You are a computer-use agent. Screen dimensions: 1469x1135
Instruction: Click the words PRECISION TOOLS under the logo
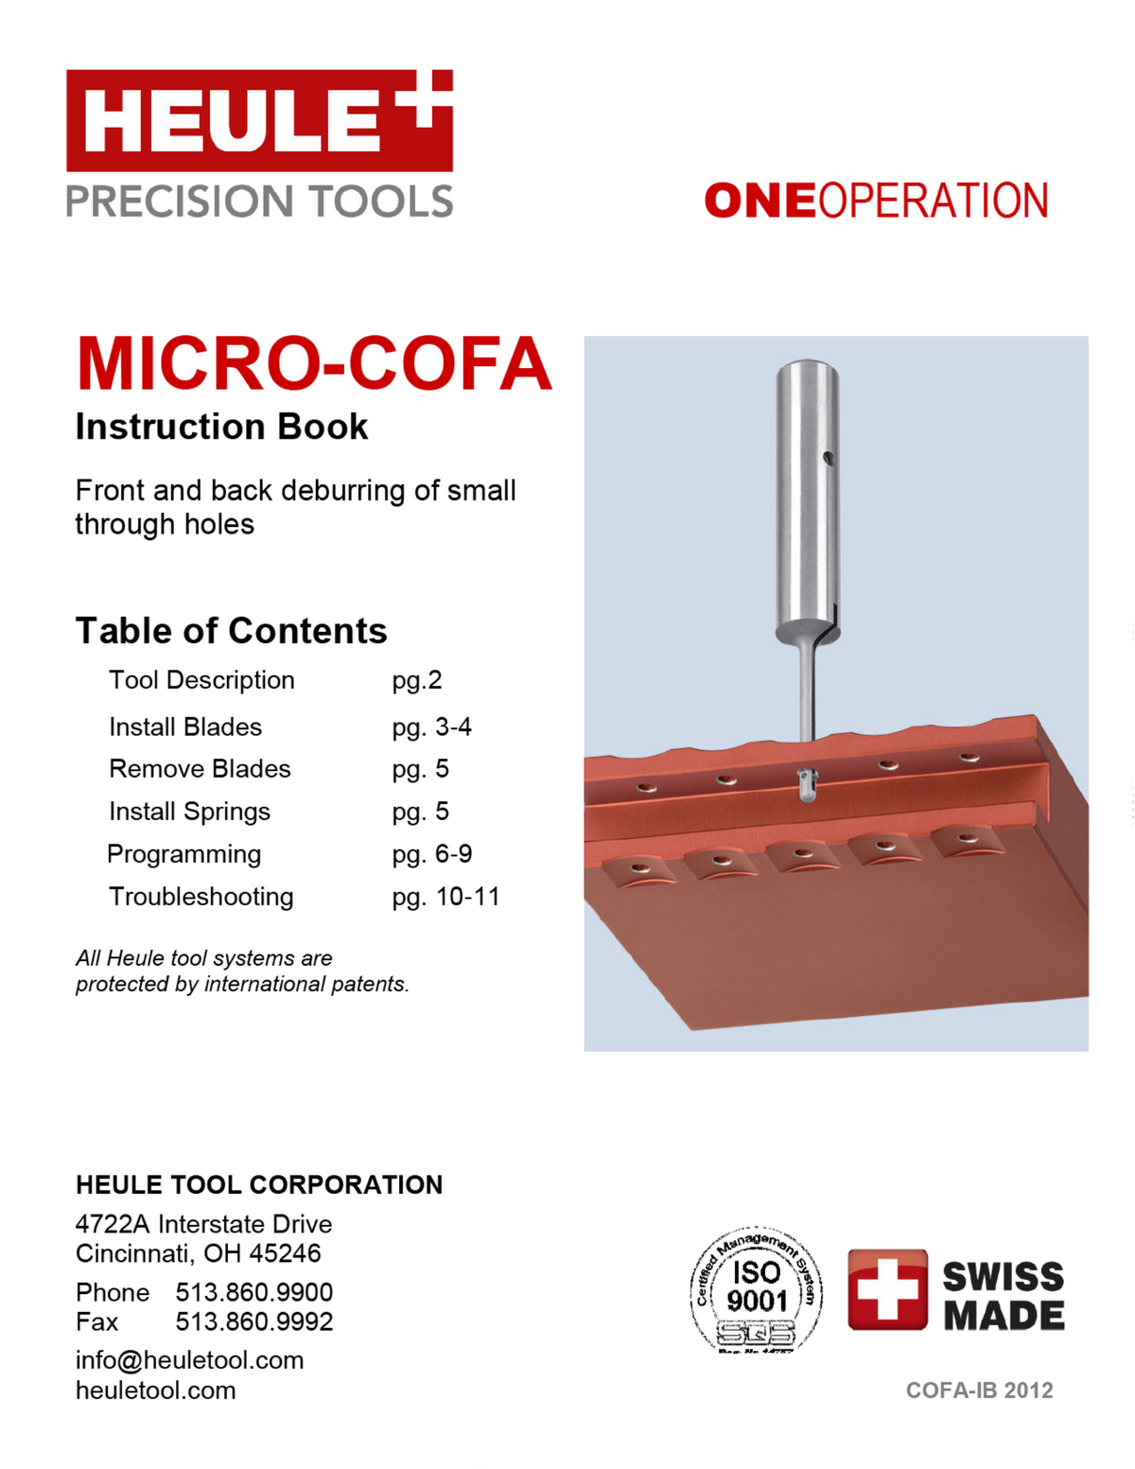(259, 201)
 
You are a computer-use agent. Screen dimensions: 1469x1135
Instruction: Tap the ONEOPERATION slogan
(876, 201)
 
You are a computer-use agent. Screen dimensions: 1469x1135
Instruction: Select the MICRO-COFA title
(313, 364)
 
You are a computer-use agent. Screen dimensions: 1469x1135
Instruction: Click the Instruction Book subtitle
(221, 428)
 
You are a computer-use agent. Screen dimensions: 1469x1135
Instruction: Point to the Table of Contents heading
(231, 631)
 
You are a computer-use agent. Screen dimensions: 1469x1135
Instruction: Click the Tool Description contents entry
(201, 680)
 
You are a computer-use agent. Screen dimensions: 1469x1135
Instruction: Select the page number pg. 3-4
(431, 726)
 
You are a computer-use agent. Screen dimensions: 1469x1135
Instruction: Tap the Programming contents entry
(183, 854)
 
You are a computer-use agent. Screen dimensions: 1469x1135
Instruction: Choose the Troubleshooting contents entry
(201, 897)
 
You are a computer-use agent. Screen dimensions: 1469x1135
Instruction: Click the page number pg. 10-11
(445, 897)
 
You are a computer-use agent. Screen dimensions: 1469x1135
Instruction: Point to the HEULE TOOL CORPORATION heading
(258, 1185)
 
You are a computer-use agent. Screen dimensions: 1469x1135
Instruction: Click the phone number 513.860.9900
(253, 1292)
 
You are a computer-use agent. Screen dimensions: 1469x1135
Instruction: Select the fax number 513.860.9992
(253, 1321)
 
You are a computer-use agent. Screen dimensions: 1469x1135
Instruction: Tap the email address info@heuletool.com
(189, 1360)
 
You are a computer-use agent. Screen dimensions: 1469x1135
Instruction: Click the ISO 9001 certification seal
(756, 1288)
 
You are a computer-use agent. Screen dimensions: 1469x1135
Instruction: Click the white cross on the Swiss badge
(886, 1289)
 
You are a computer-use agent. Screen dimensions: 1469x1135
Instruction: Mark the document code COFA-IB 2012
(979, 1390)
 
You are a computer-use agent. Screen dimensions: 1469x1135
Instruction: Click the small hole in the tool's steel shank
(828, 459)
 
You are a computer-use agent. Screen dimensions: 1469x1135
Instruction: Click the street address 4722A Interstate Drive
(203, 1224)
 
